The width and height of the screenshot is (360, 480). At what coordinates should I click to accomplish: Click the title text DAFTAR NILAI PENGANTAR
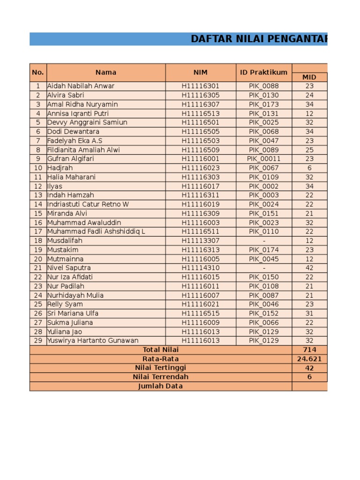pyautogui.click(x=259, y=39)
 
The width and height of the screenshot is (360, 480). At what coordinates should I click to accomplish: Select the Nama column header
pyautogui.click(x=106, y=73)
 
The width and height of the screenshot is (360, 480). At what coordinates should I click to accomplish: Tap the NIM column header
pyautogui.click(x=200, y=73)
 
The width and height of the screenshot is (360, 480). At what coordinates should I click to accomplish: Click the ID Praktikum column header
pyautogui.click(x=263, y=73)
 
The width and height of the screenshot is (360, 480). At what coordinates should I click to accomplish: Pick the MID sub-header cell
pyautogui.click(x=309, y=77)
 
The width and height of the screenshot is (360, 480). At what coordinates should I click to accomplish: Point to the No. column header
pyautogui.click(x=38, y=73)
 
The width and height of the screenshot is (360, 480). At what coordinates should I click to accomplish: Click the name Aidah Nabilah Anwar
pyautogui.click(x=81, y=86)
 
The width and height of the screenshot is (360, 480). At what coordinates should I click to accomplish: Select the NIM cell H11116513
pyautogui.click(x=200, y=113)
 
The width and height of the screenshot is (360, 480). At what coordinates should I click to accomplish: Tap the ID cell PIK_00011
pyautogui.click(x=263, y=159)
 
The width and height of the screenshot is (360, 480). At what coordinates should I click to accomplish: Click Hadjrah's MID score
pyautogui.click(x=309, y=168)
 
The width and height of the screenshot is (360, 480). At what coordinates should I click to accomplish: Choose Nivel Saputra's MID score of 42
pyautogui.click(x=309, y=268)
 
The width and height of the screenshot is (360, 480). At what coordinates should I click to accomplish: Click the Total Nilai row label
pyautogui.click(x=160, y=350)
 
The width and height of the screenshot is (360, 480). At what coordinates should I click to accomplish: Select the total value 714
pyautogui.click(x=309, y=350)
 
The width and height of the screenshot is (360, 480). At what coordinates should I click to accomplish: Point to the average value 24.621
pyautogui.click(x=309, y=359)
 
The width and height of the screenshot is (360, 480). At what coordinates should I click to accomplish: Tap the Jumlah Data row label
pyautogui.click(x=160, y=386)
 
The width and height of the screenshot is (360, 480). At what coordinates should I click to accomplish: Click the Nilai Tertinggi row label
pyautogui.click(x=160, y=368)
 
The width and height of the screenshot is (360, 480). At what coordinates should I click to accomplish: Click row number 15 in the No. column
pyautogui.click(x=38, y=213)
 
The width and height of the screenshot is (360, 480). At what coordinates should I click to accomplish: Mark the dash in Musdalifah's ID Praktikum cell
pyautogui.click(x=264, y=241)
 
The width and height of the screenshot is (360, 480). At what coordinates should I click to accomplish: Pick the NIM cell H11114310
pyautogui.click(x=200, y=268)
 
